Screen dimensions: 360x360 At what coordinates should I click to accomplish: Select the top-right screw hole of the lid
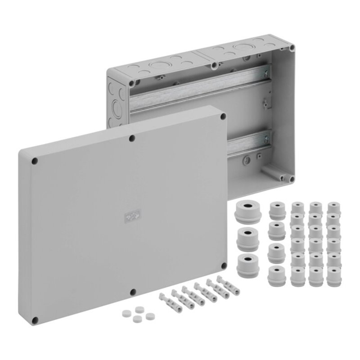[223, 116]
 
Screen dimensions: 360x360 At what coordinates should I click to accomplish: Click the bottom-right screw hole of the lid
[223, 265]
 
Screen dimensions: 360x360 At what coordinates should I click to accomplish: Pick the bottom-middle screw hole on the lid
[132, 292]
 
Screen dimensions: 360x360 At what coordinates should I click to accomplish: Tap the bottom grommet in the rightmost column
[333, 276]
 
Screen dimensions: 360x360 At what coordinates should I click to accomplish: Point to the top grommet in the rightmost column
[333, 209]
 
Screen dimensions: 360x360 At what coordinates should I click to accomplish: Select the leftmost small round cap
[126, 312]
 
